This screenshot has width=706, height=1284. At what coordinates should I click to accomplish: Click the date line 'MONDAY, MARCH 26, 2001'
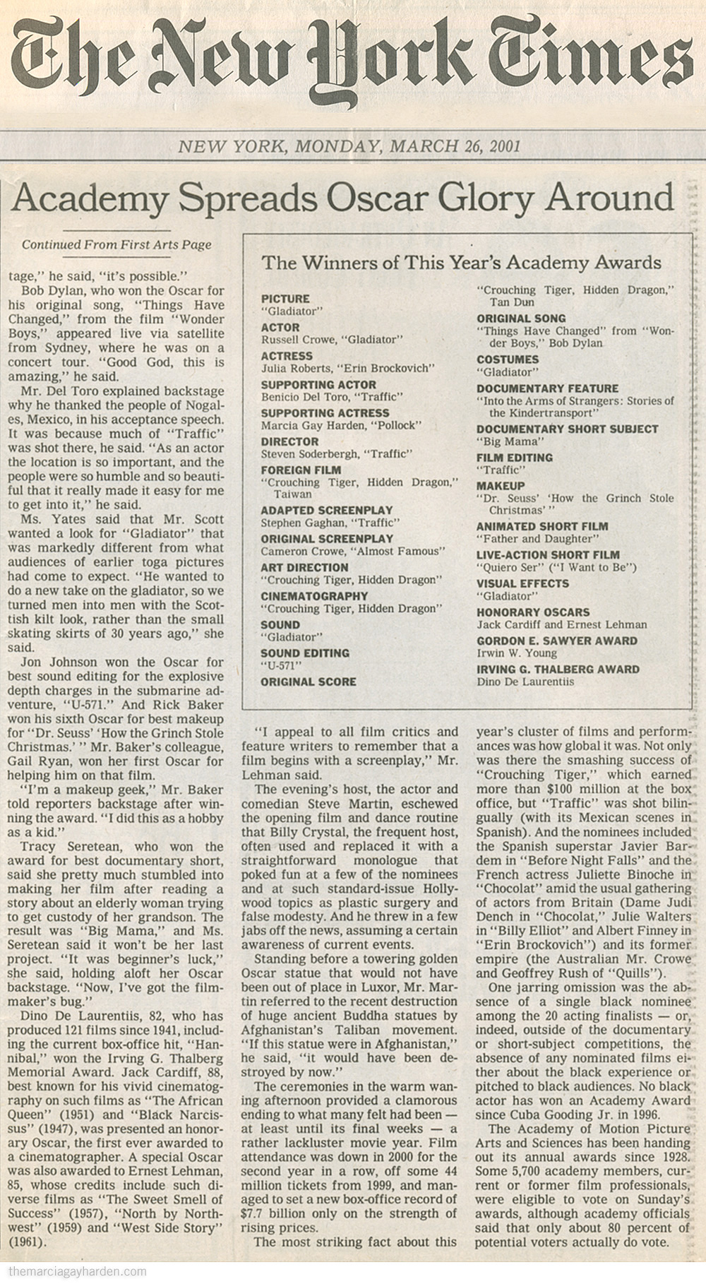click(407, 146)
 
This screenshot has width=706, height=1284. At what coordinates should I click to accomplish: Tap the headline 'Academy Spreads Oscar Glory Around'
click(342, 198)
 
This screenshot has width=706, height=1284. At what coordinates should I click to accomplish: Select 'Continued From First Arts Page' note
click(116, 245)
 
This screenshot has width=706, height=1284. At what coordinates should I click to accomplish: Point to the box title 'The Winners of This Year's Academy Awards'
click(461, 263)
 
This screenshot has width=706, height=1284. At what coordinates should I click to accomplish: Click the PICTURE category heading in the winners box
click(285, 299)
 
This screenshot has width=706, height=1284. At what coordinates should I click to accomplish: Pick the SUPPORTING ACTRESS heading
click(325, 412)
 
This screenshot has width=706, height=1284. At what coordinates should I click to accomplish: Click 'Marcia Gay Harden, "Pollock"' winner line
click(342, 425)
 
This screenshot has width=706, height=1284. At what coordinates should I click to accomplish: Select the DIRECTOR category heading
click(291, 441)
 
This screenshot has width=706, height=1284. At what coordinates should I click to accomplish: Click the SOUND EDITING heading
click(305, 653)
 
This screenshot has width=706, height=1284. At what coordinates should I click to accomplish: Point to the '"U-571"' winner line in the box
click(279, 665)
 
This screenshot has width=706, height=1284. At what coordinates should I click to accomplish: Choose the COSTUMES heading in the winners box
click(508, 359)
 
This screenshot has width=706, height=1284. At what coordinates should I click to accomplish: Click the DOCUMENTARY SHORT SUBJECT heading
click(567, 429)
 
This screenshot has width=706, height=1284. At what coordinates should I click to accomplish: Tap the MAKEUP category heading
click(501, 486)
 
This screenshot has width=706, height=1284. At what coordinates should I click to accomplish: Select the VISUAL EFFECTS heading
click(522, 583)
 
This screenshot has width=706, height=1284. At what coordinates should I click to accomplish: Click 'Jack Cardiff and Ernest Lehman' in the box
click(561, 624)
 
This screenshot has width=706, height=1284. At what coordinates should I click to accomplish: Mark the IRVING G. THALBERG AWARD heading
click(558, 670)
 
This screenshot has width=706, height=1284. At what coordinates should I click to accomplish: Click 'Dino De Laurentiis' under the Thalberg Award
click(525, 682)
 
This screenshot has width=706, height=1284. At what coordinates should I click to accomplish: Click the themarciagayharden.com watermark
click(74, 1272)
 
